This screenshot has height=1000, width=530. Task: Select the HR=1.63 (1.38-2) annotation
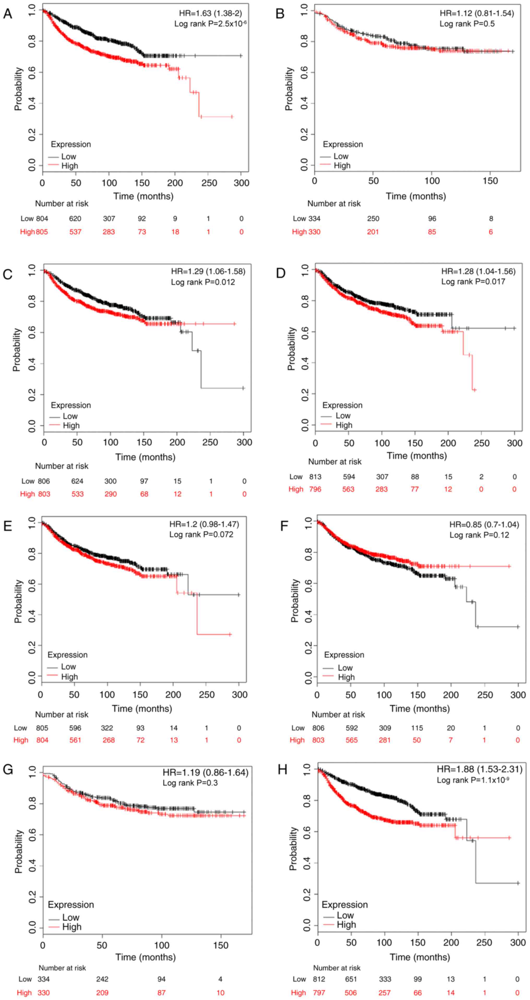coord(210,13)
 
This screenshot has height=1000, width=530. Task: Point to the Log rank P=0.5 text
coord(467,24)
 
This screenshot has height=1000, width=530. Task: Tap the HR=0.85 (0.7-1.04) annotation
coord(484,525)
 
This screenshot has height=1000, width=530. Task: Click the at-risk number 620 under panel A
coord(75,219)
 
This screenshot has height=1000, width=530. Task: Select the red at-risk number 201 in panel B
coord(373,232)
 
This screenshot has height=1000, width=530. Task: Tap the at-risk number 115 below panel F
coord(417,728)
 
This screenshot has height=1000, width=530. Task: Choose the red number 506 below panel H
coord(350,993)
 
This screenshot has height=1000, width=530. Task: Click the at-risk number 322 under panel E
coord(107,728)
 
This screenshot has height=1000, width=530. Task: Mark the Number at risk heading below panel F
coord(338,714)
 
